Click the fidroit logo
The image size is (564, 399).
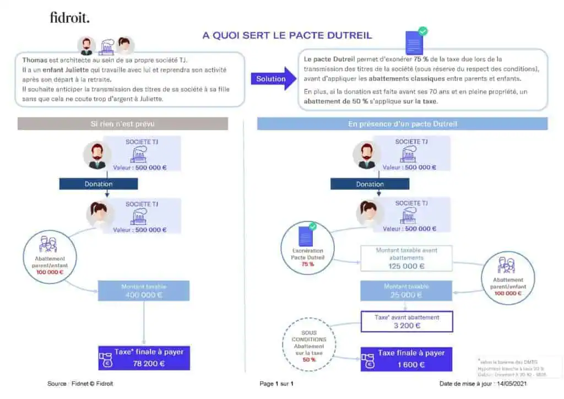pyautogui.click(x=69, y=18)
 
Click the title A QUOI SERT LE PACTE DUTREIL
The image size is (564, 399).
pyautogui.click(x=287, y=35)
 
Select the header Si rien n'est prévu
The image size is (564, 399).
pyautogui.click(x=122, y=124)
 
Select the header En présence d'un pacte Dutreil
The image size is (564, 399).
pyautogui.click(x=402, y=124)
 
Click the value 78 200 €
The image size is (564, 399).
pyautogui.click(x=148, y=364)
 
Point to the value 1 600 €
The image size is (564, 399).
pyautogui.click(x=410, y=364)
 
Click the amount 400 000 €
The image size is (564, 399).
pyautogui.click(x=144, y=295)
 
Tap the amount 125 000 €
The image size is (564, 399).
pyautogui.click(x=406, y=266)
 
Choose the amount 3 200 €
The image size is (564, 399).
pyautogui.click(x=406, y=325)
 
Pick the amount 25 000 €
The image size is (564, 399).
pyautogui.click(x=406, y=295)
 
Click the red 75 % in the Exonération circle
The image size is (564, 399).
pyautogui.click(x=307, y=265)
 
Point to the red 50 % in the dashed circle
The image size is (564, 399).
pyautogui.click(x=309, y=360)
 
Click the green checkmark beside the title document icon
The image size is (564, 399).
pyautogui.click(x=423, y=31)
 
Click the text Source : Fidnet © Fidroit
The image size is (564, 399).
pyautogui.click(x=80, y=384)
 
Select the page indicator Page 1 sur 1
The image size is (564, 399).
pyautogui.click(x=276, y=384)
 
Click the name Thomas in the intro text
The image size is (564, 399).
pyautogui.click(x=34, y=60)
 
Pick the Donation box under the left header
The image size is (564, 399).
pyautogui.click(x=99, y=184)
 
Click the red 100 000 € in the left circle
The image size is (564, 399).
pyautogui.click(x=50, y=272)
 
